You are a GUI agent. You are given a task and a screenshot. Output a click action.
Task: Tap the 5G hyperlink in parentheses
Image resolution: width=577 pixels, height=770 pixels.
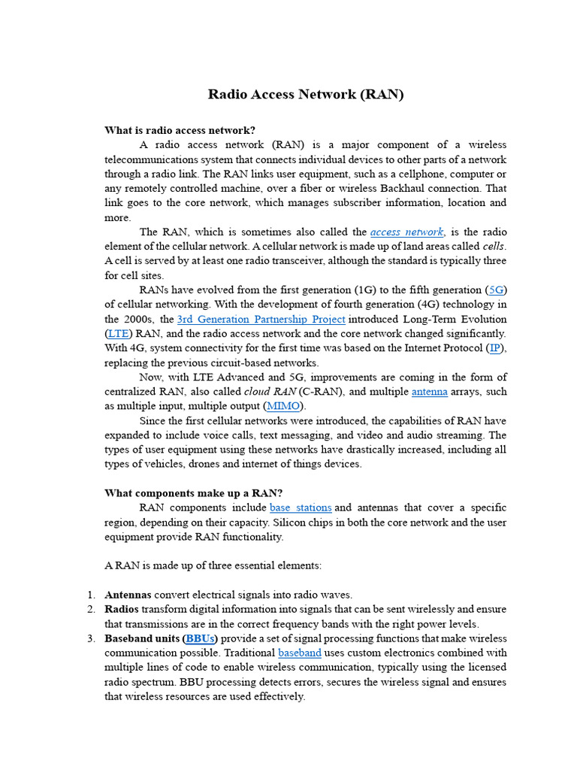pyautogui.click(x=497, y=290)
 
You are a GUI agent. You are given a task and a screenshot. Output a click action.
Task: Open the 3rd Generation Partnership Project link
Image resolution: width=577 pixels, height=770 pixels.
pyautogui.click(x=261, y=319)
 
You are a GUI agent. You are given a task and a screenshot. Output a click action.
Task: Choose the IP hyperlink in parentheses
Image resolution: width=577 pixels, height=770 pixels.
pyautogui.click(x=495, y=347)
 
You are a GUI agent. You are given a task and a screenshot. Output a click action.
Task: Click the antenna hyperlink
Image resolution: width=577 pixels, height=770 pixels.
pyautogui.click(x=430, y=392)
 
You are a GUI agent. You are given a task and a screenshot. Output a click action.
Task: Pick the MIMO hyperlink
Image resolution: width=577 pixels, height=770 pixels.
pyautogui.click(x=283, y=406)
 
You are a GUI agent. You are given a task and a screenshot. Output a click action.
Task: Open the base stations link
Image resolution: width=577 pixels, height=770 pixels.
pyautogui.click(x=301, y=508)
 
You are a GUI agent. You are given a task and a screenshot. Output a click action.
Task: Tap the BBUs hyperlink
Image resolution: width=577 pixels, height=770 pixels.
pyautogui.click(x=201, y=638)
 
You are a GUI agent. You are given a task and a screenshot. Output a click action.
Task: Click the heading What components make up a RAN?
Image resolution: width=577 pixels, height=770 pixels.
pyautogui.click(x=193, y=493)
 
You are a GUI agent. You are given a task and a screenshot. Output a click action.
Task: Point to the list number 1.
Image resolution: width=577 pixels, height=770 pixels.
pyautogui.click(x=89, y=595)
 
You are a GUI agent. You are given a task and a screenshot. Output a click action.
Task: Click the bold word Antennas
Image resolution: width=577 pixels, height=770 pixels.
pyautogui.click(x=128, y=595)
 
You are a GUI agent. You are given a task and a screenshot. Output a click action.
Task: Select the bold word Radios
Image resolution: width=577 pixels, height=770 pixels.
pyautogui.click(x=122, y=609)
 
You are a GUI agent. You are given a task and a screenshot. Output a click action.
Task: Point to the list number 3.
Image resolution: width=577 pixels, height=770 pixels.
pyautogui.click(x=89, y=638)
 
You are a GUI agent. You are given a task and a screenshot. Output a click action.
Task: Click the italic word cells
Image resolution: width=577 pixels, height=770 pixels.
pyautogui.click(x=492, y=246)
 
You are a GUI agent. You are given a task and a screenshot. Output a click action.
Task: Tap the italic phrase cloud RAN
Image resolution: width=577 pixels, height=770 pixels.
pyautogui.click(x=270, y=392)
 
